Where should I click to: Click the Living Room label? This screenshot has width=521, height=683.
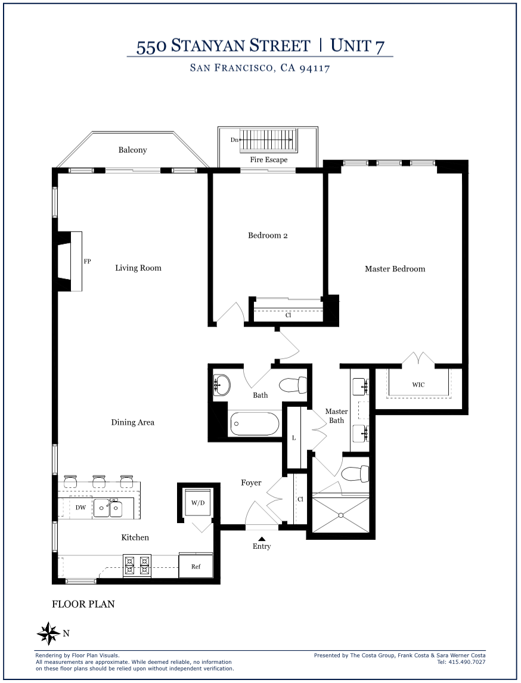pos(138,268)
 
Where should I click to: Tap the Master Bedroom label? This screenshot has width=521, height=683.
pos(395,269)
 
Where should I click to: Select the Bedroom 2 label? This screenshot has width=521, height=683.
pos(268,236)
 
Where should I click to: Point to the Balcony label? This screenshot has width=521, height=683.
pos(133,150)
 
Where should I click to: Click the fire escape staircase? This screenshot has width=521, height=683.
pos(269,140)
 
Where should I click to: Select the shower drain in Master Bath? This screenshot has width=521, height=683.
pos(341,515)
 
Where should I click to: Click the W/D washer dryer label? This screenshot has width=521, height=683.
pos(197,503)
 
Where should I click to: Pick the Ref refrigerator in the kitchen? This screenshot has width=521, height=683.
pos(196,565)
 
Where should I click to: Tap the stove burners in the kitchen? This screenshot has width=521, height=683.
pos(137,565)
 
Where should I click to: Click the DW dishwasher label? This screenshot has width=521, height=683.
pos(80,507)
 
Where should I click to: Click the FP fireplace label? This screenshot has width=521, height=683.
pos(87,261)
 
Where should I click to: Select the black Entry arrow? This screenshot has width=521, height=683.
pos(262,539)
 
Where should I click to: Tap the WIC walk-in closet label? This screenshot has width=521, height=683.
pos(418,385)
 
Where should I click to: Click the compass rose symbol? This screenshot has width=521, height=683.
pos(48,633)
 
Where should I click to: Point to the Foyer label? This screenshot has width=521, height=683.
pos(251,483)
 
